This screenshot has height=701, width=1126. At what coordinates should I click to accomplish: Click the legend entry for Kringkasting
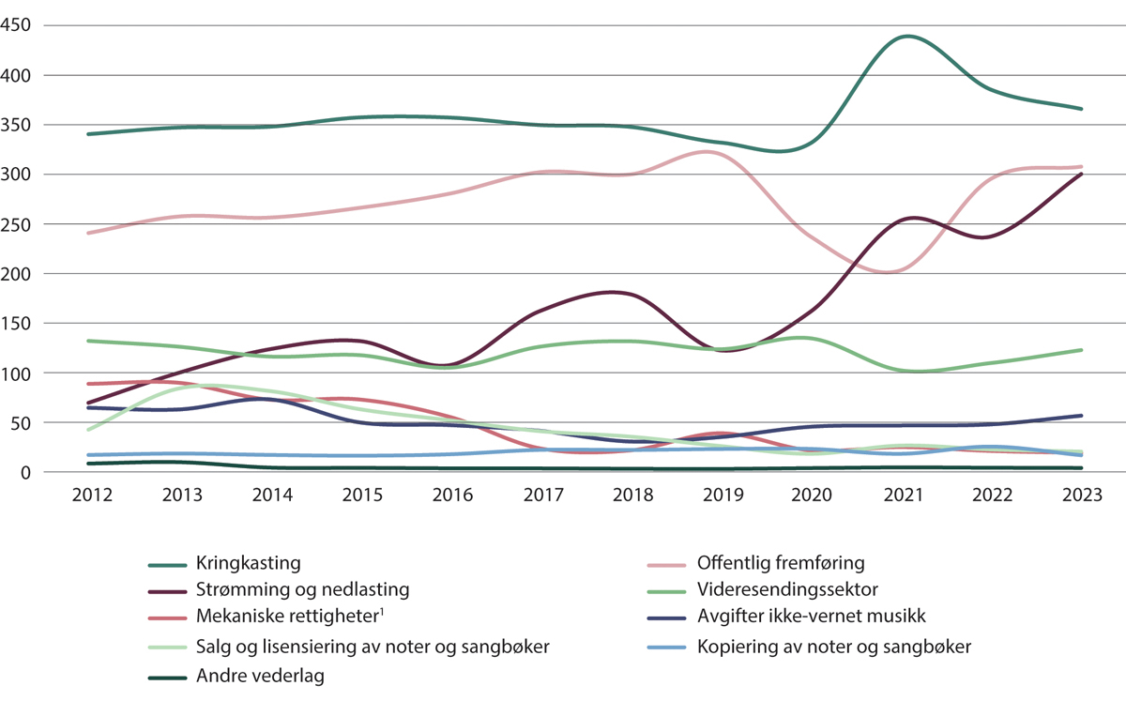[x=248, y=564]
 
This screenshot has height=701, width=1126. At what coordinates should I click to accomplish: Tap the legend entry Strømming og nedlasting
[x=302, y=590]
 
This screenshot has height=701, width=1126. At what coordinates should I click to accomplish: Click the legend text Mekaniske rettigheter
[x=287, y=617]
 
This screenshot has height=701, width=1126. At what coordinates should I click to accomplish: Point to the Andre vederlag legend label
[x=260, y=675]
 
